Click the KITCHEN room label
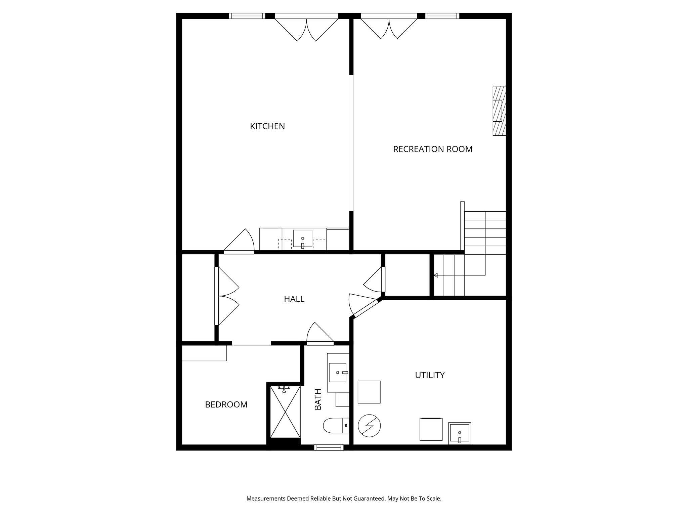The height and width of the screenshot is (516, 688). click(267, 126)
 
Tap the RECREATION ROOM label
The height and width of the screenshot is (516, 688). click(433, 149)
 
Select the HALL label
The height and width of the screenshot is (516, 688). click(294, 299)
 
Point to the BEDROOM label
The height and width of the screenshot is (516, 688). click(226, 405)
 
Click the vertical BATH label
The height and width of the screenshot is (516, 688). click(318, 399)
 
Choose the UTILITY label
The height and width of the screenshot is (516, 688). click(430, 375)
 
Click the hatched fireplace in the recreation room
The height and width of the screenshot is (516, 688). click(499, 111)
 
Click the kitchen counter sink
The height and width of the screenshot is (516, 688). click(302, 239)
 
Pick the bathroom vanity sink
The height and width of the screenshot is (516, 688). click(338, 372)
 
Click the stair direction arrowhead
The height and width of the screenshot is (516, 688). click(436, 275)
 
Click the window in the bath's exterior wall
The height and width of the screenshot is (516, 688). click(329, 447)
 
